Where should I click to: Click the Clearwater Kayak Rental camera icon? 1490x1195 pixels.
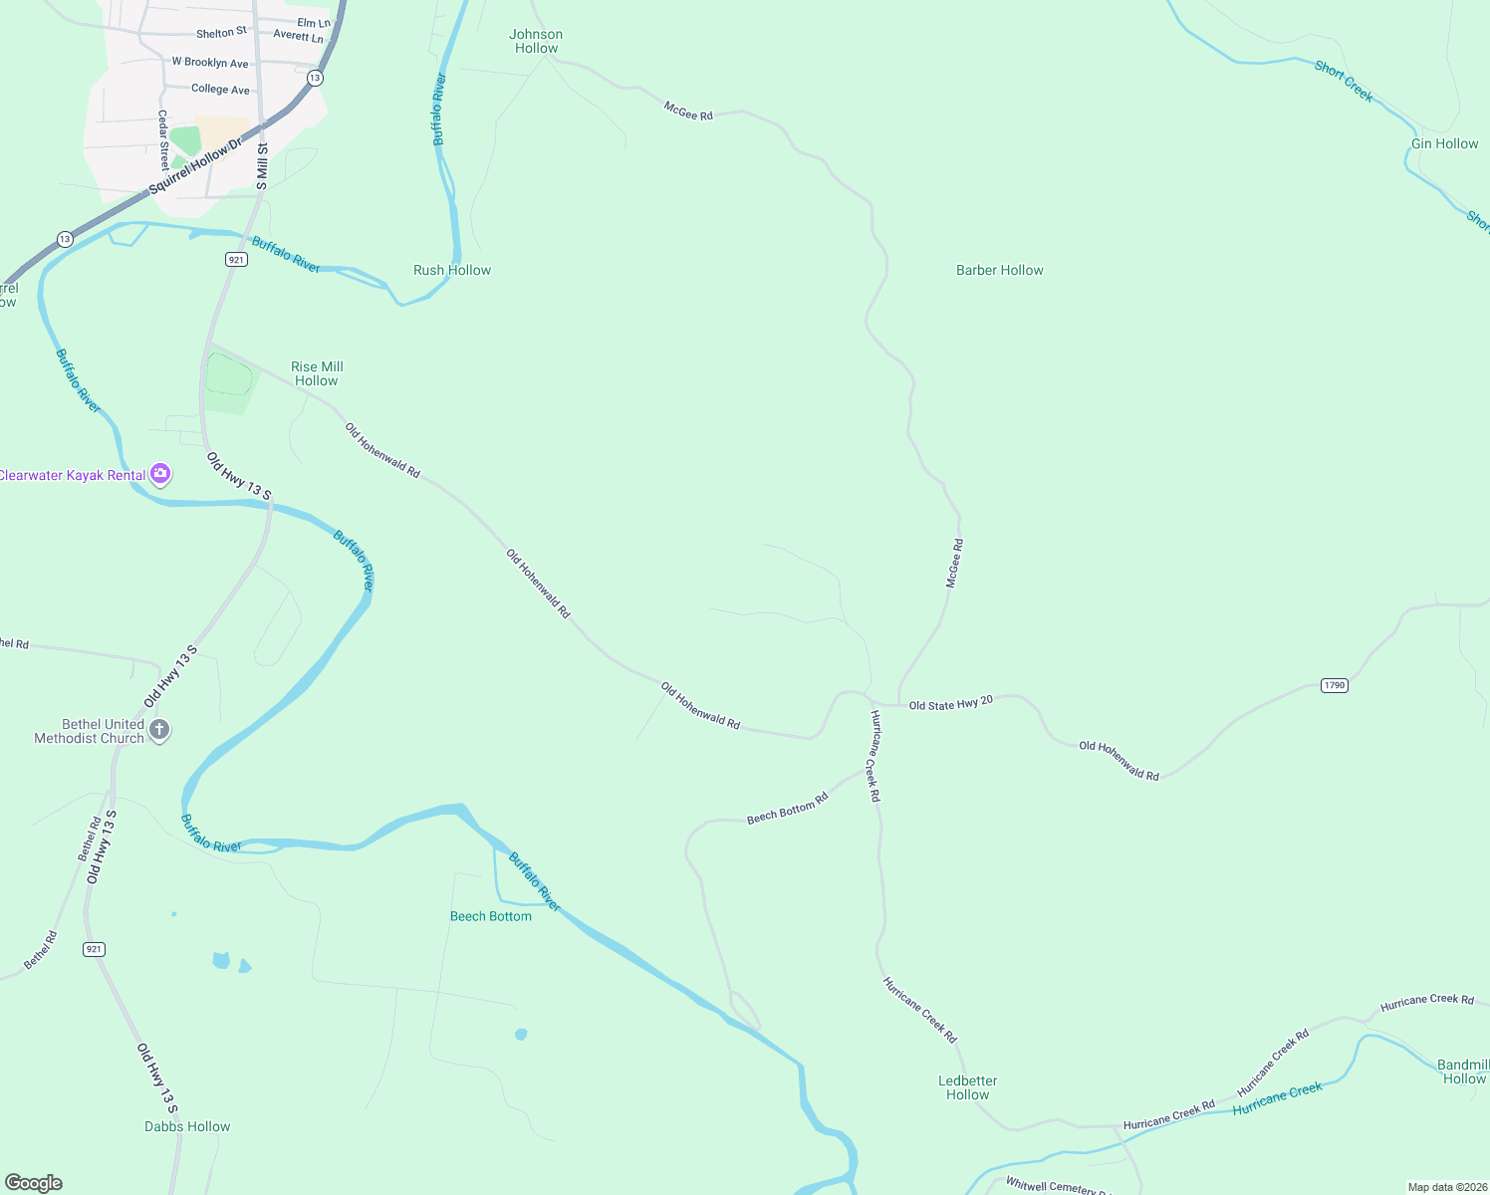[160, 475]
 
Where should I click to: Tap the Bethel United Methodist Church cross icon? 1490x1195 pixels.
[159, 731]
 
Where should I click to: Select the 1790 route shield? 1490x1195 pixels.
[1334, 685]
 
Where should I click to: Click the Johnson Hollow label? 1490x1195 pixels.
[536, 41]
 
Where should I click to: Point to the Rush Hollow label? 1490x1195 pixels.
[452, 270]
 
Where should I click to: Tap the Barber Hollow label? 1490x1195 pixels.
[999, 270]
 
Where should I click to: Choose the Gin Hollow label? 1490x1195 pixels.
[1444, 143]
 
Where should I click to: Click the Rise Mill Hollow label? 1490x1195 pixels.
[317, 373]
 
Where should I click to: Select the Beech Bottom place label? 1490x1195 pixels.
[491, 916]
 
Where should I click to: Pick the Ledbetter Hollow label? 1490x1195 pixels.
[967, 1087]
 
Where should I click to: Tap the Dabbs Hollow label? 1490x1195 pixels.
[187, 1126]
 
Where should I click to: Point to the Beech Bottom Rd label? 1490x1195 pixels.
[787, 809]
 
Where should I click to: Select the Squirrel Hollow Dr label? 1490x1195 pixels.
[195, 166]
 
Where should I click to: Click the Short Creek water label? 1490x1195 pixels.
[1344, 82]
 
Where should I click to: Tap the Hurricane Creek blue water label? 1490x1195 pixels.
[1277, 1097]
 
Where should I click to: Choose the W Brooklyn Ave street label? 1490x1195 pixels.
[210, 62]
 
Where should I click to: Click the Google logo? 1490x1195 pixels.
[34, 1183]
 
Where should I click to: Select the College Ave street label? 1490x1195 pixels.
[220, 89]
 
